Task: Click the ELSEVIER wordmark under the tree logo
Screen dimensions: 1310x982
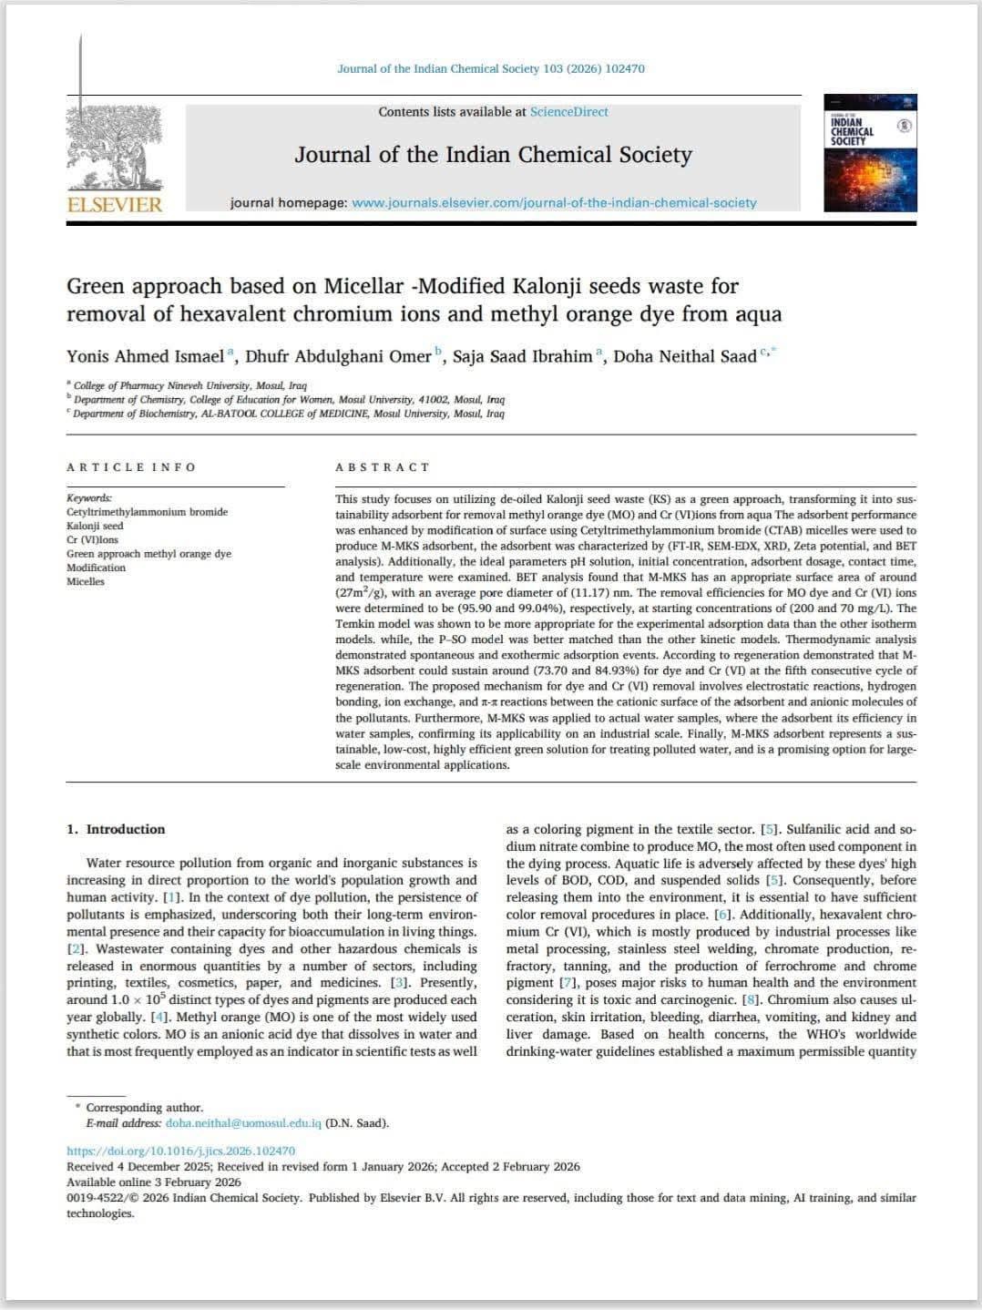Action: (x=115, y=204)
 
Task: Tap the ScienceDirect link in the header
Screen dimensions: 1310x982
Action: (x=568, y=112)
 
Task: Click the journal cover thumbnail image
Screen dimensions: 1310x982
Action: (x=870, y=153)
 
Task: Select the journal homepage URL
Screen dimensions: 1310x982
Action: (x=554, y=203)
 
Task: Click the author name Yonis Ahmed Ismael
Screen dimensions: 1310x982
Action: (x=145, y=356)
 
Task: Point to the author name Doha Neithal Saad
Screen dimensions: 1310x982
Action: (x=684, y=356)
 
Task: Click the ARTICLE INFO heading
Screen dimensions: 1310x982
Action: (x=131, y=467)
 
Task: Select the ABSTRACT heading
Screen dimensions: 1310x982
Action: (x=383, y=467)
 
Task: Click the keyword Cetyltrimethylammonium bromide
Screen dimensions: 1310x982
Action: (x=147, y=512)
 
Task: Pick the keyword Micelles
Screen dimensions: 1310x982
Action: (x=86, y=581)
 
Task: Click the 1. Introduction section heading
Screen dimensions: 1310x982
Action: (x=116, y=829)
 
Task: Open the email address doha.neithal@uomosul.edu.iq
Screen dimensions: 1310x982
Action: (x=243, y=1123)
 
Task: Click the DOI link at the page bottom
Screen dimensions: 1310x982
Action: (x=180, y=1151)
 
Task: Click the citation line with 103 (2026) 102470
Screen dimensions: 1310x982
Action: (x=491, y=68)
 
